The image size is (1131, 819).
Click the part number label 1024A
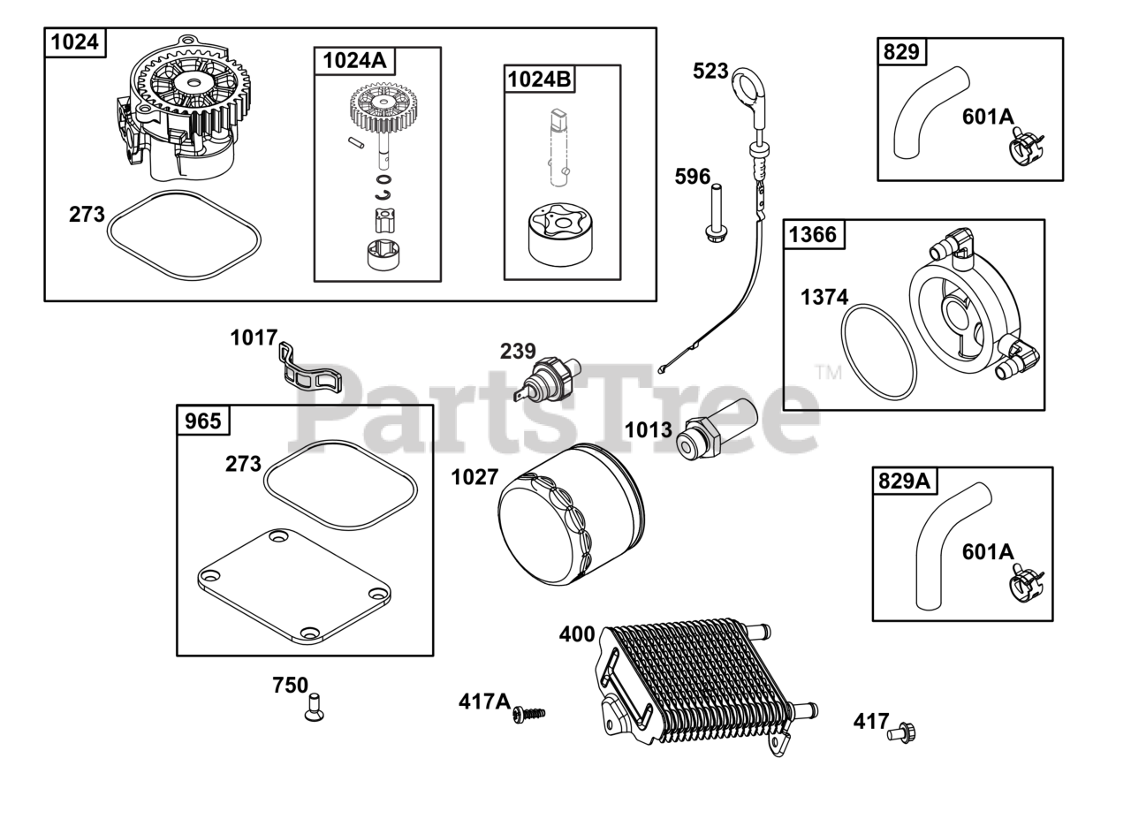(x=354, y=61)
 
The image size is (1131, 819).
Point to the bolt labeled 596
(x=716, y=212)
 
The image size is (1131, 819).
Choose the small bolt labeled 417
(x=902, y=732)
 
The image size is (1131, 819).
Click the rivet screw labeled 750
(x=314, y=708)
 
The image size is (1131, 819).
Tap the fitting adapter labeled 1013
(x=716, y=428)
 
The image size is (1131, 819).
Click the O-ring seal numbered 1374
(x=878, y=351)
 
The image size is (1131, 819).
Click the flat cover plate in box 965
(x=294, y=585)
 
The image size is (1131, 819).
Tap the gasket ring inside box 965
(x=340, y=486)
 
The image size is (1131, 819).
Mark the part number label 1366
(x=813, y=235)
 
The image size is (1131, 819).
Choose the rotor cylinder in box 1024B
(x=560, y=235)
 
